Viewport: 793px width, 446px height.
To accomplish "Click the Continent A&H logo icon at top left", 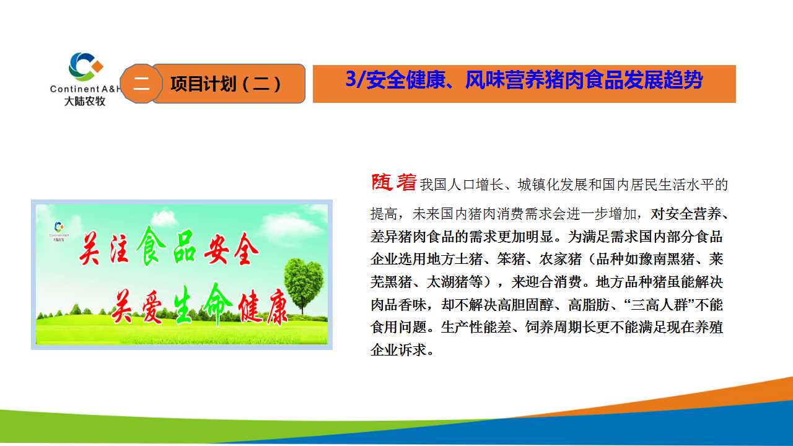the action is tap(85, 66).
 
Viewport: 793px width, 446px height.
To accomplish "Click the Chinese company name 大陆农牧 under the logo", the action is tap(85, 101).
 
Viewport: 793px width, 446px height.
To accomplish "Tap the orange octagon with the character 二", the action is tap(141, 84).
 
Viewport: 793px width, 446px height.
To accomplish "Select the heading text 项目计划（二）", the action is tap(226, 84).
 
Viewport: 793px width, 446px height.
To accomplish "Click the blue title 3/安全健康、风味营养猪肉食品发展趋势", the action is tap(524, 80).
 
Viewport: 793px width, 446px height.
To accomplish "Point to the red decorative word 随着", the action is tap(393, 182).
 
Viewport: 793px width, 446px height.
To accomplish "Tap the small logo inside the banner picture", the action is tap(59, 231).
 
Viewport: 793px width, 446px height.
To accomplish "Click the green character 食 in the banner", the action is tap(151, 246).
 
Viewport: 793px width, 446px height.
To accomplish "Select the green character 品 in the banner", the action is tap(184, 246).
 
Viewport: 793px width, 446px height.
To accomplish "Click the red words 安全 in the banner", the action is tap(232, 249).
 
